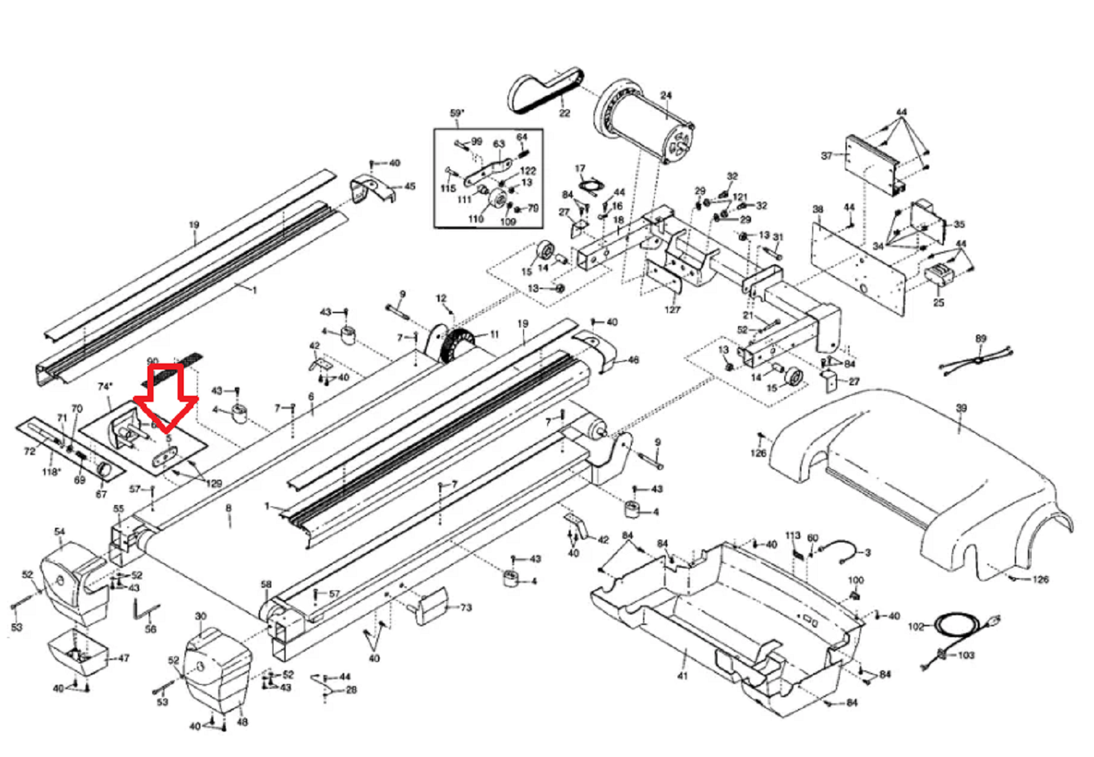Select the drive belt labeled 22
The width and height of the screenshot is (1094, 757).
tap(544, 93)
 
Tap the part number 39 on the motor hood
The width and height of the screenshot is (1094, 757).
tap(961, 408)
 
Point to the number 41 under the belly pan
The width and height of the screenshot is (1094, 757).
tap(682, 675)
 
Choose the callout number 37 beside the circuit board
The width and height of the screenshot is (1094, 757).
tap(827, 156)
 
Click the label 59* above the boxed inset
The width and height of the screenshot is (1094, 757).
tap(457, 113)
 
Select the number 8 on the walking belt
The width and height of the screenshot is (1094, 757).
tap(229, 509)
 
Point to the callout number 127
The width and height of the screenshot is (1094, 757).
tap(672, 309)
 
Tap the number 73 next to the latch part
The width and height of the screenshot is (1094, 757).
tap(466, 608)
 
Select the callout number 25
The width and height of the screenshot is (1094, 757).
tap(938, 302)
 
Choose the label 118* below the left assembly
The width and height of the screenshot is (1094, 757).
tap(51, 472)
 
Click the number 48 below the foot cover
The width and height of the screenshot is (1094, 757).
tap(242, 722)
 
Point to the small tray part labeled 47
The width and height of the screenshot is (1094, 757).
tap(77, 650)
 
